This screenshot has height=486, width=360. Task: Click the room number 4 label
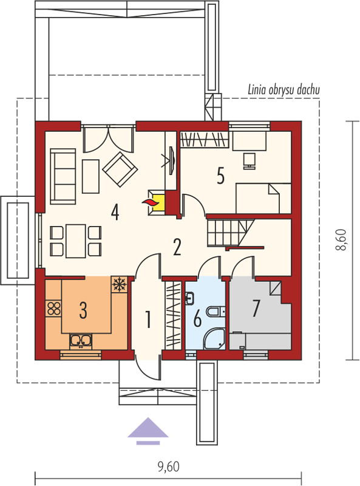pos(115,213)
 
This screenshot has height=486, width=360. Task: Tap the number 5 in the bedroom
pos(220,176)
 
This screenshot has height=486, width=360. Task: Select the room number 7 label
pos(256,309)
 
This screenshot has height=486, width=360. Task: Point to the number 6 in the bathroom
pos(197,319)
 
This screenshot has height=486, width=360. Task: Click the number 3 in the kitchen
pos(83,310)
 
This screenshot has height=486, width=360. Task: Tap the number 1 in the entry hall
pos(148,320)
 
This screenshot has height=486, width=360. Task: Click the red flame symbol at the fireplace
pos(151,203)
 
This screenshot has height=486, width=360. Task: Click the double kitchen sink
pos(81,341)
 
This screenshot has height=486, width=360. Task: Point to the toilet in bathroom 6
pos(216,311)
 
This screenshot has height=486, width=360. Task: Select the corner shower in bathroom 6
pos(214,339)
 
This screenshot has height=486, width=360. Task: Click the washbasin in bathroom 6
pos(189,298)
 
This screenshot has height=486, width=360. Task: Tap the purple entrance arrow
pos(148,431)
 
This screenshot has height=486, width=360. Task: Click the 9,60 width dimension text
pos(169,466)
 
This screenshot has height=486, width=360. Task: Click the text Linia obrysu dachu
pos(284,90)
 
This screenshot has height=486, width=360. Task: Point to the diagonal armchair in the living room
pos(120,169)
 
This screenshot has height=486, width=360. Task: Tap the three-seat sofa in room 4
pos(63,176)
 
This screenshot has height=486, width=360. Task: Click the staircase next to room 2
pos(231,233)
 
